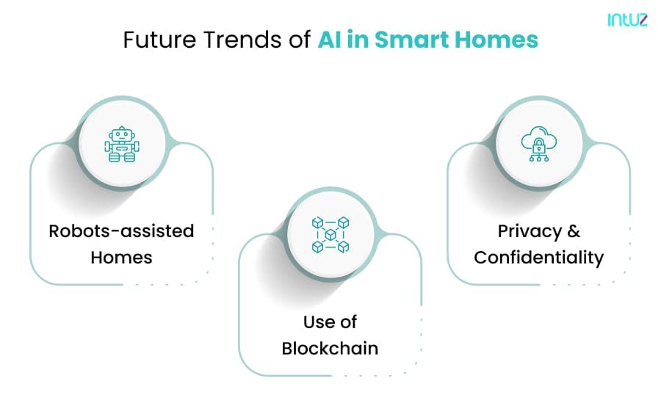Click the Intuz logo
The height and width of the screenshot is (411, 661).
627,19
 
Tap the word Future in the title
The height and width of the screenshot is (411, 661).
160,40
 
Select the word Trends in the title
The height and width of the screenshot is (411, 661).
242,40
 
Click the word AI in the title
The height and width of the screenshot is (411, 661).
330,40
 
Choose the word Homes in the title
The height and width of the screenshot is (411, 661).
496,40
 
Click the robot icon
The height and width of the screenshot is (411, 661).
122,144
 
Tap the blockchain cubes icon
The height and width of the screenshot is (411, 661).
330,235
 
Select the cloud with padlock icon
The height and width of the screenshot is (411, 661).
539,144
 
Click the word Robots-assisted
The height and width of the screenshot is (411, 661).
121,231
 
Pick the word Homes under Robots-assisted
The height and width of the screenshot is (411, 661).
121,258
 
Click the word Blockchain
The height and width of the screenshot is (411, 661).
330,349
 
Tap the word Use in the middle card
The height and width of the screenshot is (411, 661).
316,322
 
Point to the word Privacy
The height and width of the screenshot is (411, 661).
530,232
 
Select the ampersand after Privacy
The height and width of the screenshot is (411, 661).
574,231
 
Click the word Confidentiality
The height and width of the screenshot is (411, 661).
539,258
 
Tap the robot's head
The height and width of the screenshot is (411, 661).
122,134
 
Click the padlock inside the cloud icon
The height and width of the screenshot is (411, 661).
539,146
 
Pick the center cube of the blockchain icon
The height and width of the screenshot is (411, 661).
330,235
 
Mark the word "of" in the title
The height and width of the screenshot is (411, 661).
300,40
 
